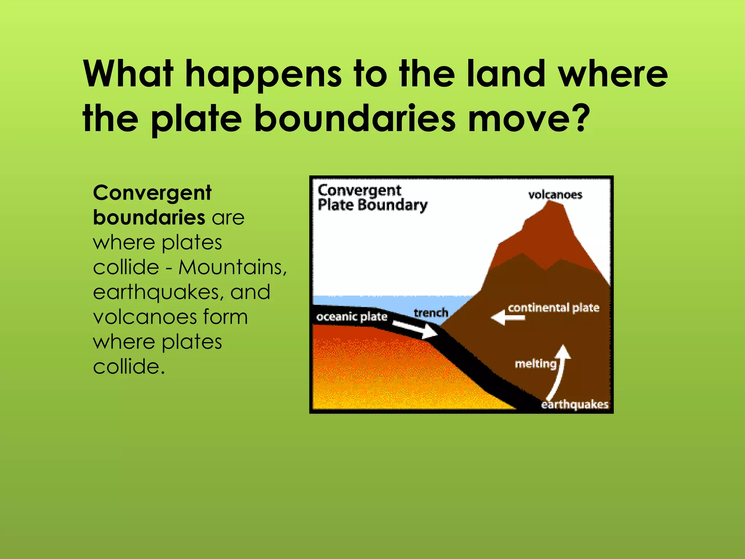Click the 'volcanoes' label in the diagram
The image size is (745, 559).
[x=555, y=195]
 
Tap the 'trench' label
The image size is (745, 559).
[x=431, y=313]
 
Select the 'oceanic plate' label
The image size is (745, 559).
[x=351, y=317]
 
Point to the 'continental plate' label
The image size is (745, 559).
[x=553, y=308]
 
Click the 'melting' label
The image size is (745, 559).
[x=535, y=364]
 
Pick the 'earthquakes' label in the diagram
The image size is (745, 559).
[x=574, y=404]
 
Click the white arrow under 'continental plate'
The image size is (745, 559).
[x=508, y=318]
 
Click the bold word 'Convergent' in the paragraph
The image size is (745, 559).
[x=152, y=193]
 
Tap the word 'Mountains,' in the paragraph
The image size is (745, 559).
[x=233, y=267]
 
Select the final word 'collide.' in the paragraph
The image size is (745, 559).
[x=129, y=366]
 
